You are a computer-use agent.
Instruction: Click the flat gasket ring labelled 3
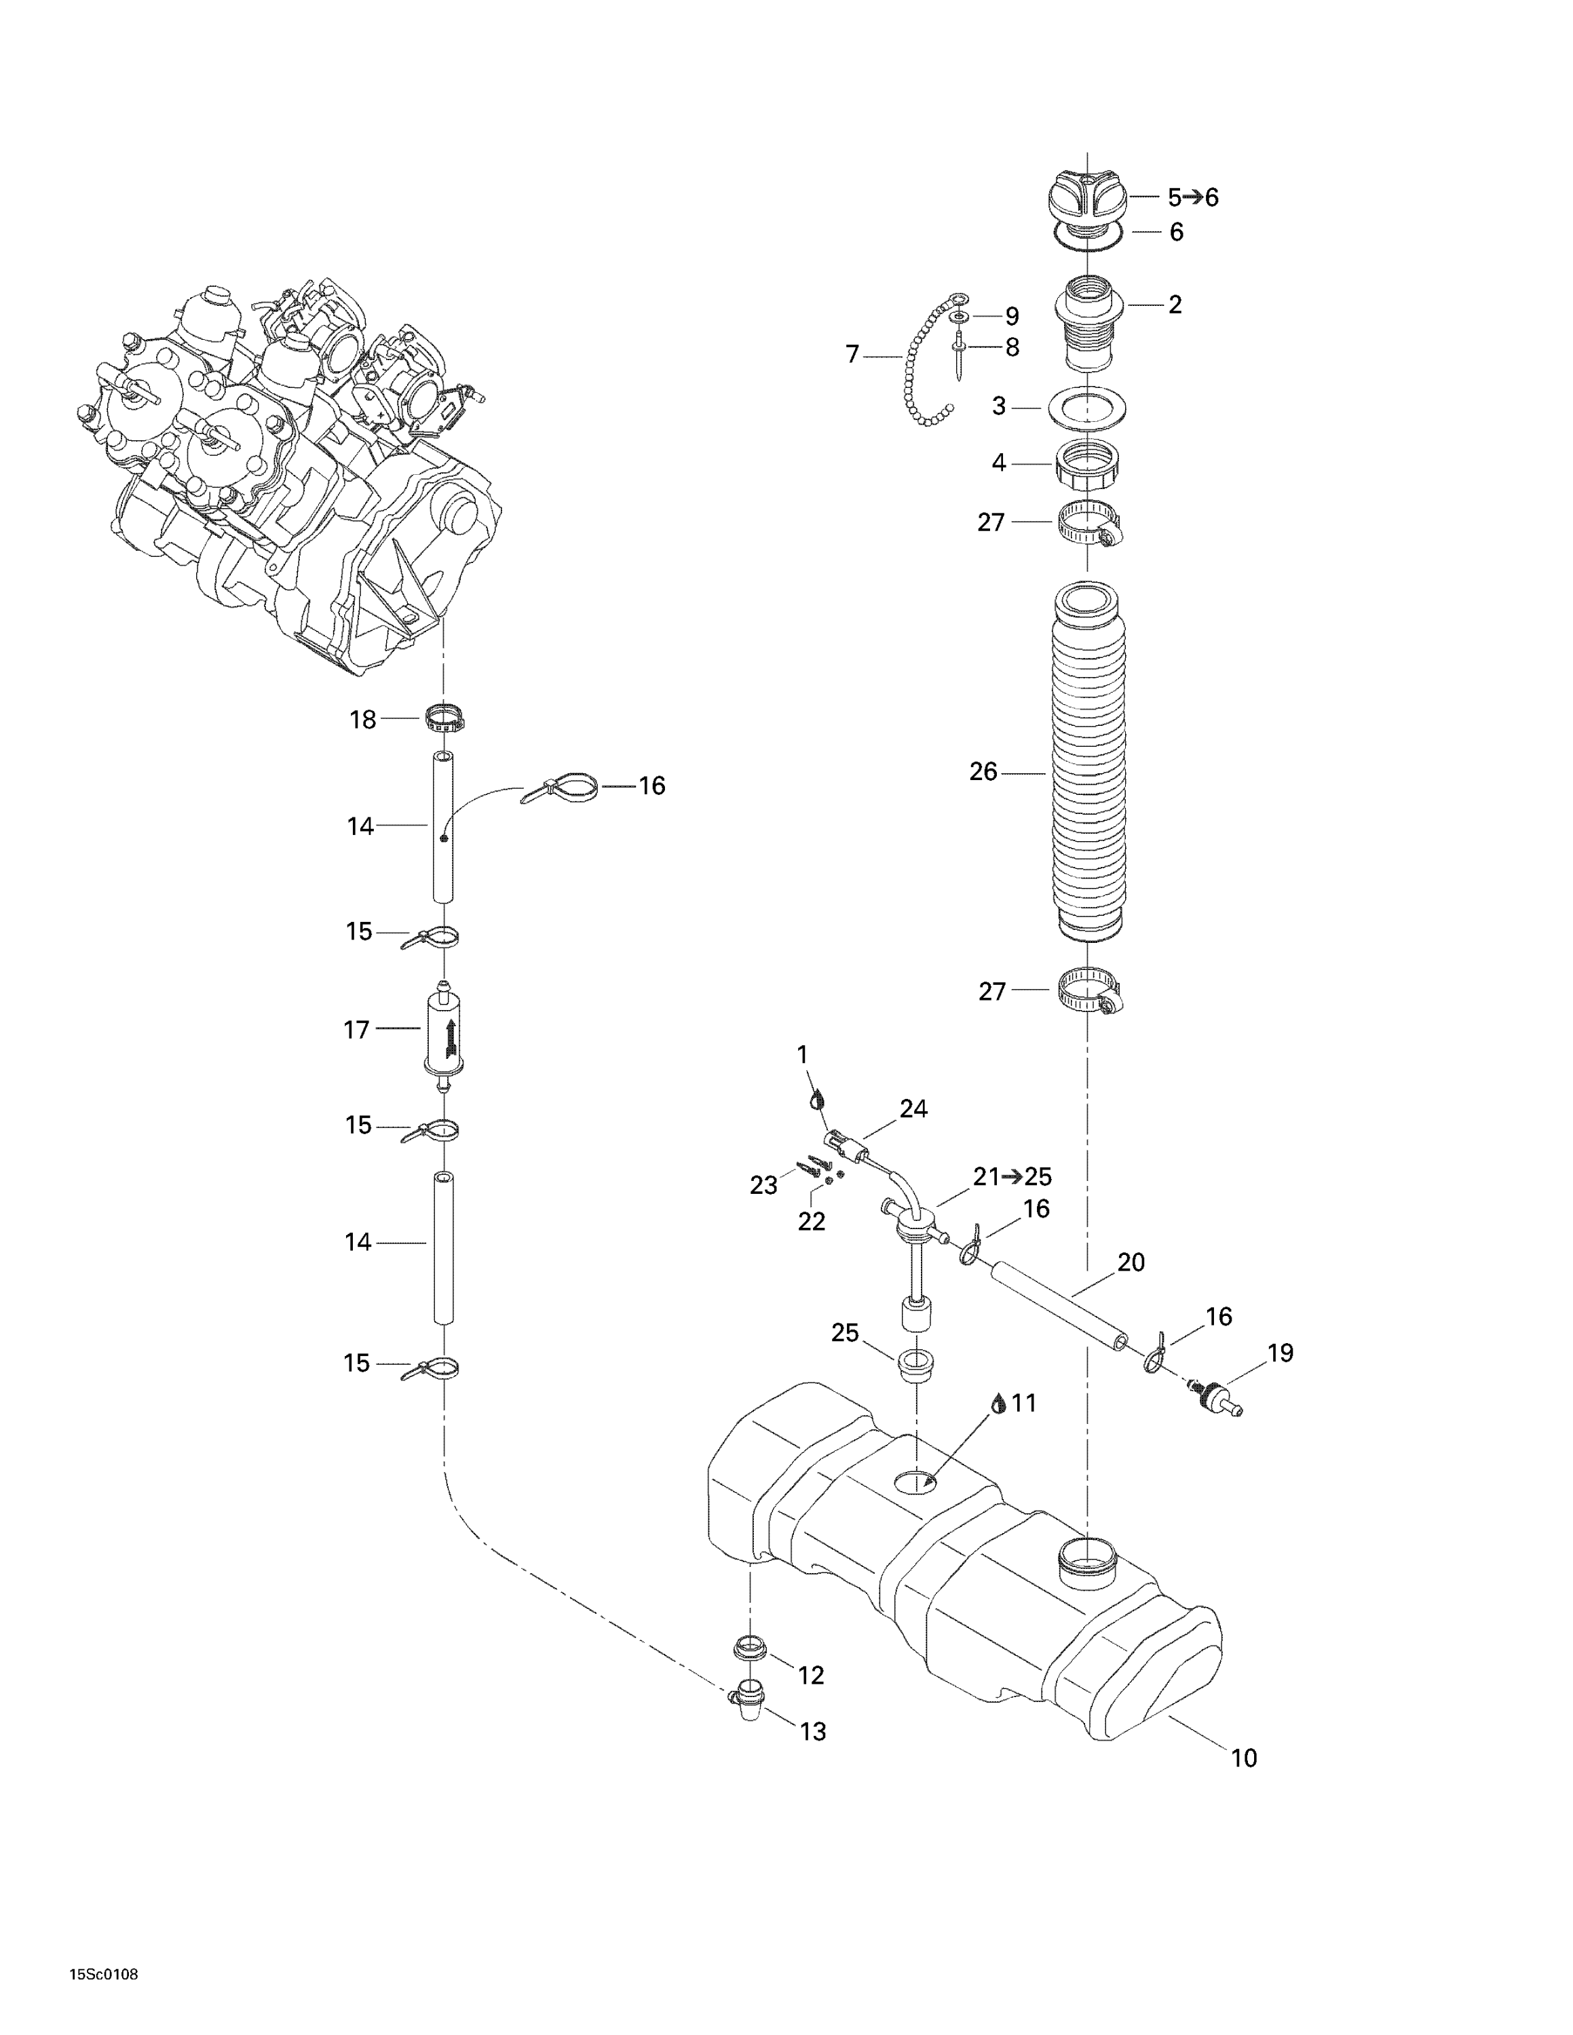[1088, 407]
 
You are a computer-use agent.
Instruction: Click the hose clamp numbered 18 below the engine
[444, 718]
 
